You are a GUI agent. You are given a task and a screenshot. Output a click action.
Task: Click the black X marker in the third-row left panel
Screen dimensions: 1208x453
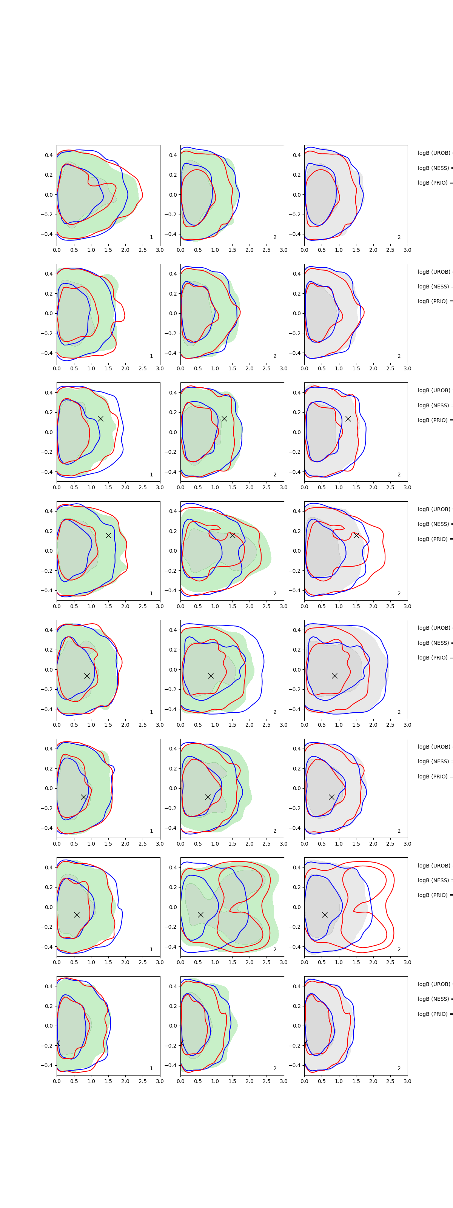pos(100,419)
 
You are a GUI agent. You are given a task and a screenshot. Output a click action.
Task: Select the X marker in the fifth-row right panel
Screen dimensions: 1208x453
pos(334,676)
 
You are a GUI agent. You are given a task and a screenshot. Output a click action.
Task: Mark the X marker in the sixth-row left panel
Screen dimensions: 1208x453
pos(83,797)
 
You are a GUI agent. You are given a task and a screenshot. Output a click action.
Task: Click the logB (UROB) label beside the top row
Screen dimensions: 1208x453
pos(434,153)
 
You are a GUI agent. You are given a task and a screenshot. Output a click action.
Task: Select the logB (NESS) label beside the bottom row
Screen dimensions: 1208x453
pos(434,999)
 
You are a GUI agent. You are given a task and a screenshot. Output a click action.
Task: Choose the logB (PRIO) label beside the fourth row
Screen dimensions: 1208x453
pos(434,539)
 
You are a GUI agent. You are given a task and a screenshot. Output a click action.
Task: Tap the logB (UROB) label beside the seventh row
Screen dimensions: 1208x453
pos(434,865)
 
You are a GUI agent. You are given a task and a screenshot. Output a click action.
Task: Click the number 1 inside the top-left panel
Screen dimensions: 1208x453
pos(151,237)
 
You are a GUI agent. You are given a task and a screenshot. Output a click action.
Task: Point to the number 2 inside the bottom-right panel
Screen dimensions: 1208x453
pos(399,1068)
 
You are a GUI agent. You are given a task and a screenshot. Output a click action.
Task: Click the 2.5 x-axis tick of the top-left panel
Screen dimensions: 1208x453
pos(143,250)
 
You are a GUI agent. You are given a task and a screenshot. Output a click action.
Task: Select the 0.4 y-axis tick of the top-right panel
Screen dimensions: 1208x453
pos(297,155)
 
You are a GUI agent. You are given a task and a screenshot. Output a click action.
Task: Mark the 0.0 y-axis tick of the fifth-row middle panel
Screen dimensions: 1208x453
pos(173,670)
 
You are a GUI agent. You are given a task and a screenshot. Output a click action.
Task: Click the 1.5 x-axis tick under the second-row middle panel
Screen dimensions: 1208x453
pos(232,368)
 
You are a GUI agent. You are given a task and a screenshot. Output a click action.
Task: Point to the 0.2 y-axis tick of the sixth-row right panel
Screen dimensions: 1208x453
pos(297,769)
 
